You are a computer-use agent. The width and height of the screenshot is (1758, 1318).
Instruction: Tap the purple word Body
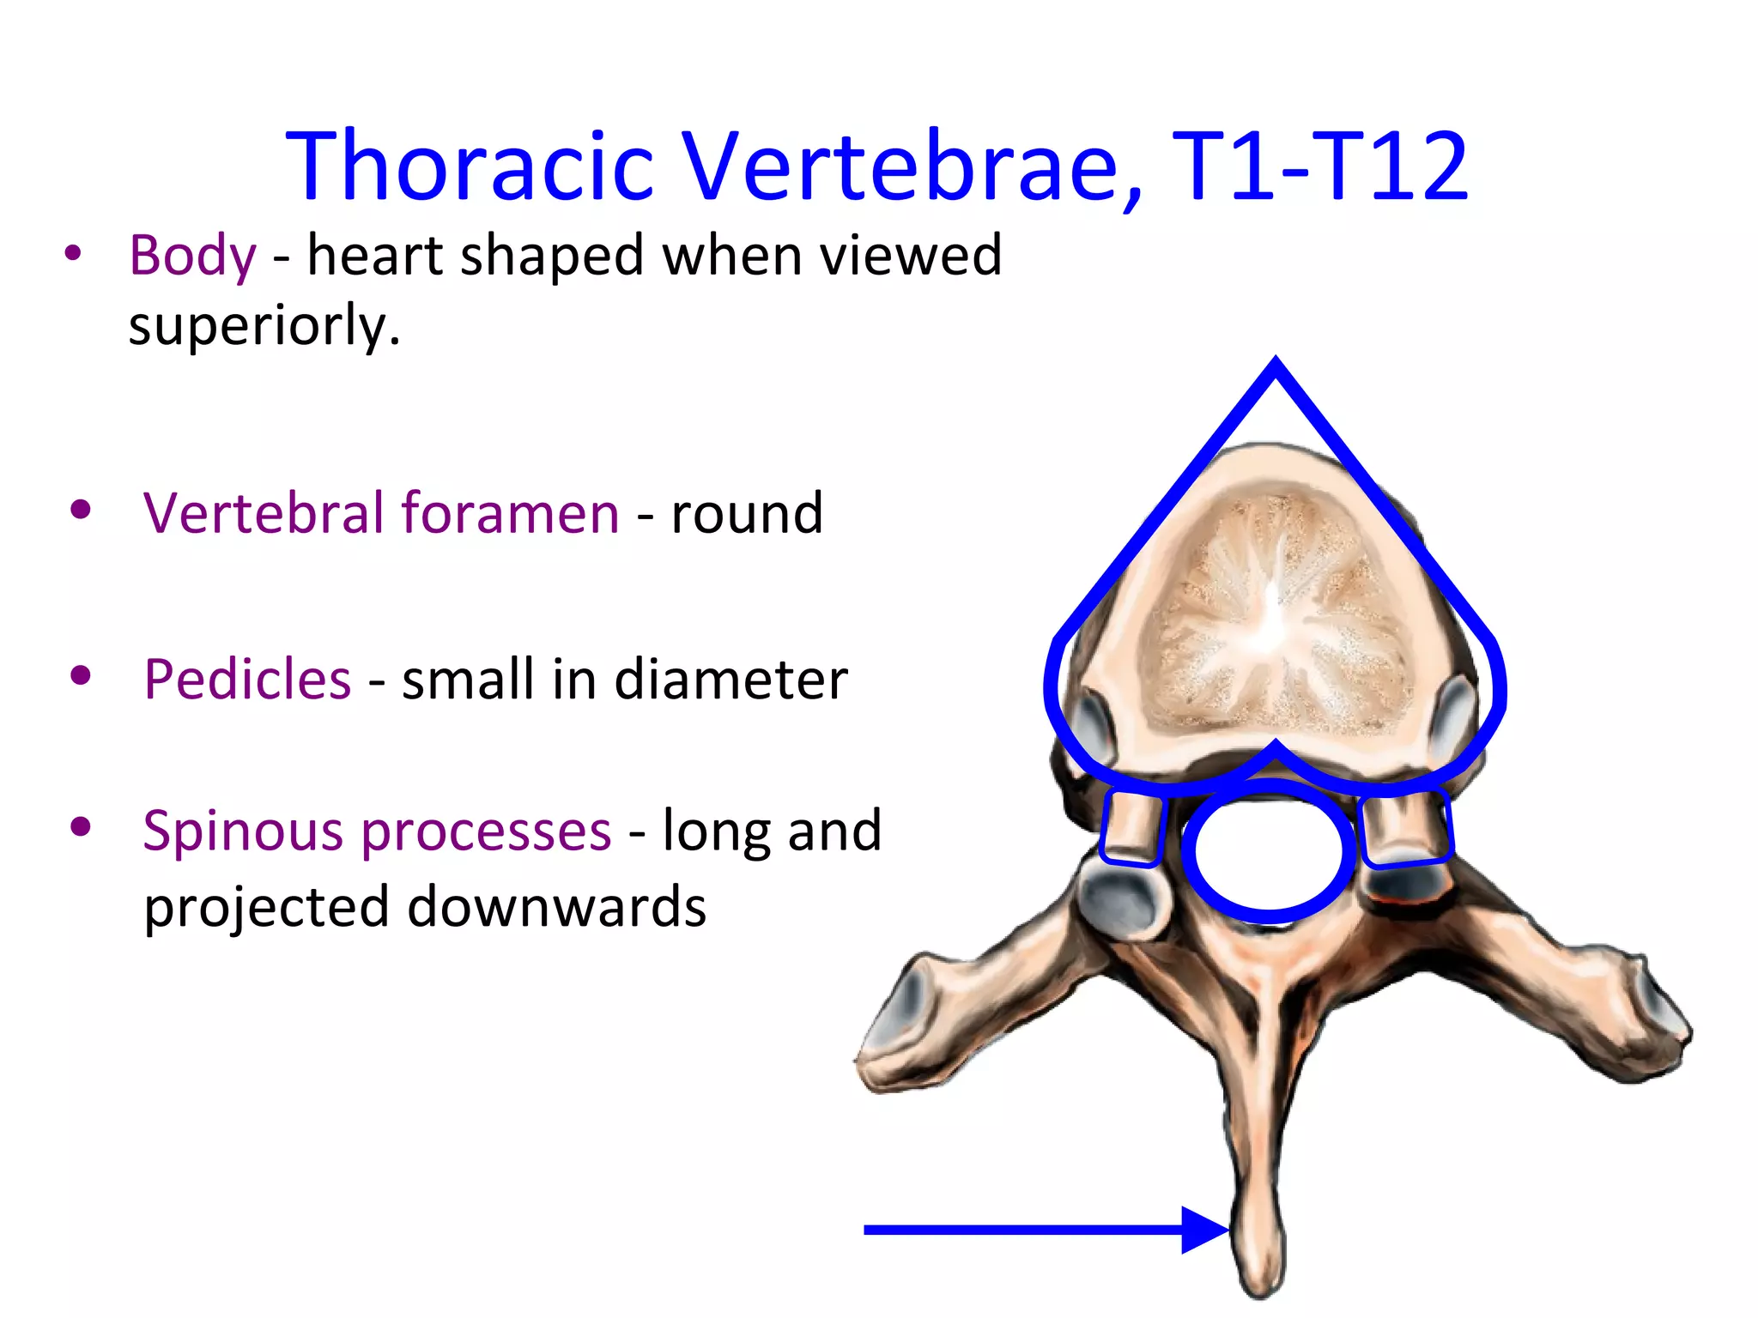tap(192, 256)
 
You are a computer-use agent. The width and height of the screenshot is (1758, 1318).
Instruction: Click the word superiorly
tap(264, 326)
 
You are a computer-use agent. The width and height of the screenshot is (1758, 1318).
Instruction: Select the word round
tap(746, 513)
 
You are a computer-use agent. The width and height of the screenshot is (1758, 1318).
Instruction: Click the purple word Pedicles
tap(247, 679)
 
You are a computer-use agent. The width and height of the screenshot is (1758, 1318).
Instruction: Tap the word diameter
tap(730, 679)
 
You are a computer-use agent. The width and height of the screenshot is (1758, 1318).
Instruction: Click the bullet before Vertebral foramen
tap(81, 511)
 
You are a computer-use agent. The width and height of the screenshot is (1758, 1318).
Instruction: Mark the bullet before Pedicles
tap(81, 676)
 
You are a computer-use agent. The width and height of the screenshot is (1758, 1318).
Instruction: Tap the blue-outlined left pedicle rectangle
tap(1132, 828)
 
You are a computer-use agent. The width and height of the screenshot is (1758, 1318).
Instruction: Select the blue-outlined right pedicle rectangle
tap(1404, 828)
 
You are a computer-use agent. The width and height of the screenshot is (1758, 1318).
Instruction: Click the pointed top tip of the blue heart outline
tap(1276, 362)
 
